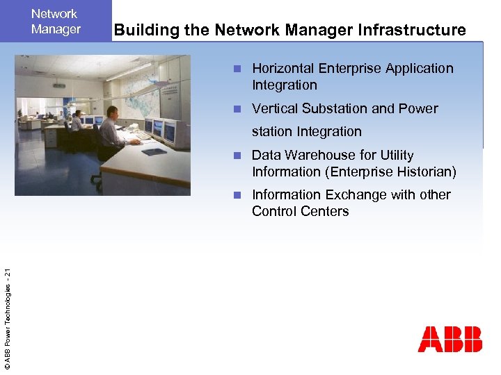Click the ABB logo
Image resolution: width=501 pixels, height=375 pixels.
point(450,339)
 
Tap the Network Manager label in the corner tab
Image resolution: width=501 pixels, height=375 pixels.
point(56,22)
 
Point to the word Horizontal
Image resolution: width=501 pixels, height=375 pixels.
point(283,68)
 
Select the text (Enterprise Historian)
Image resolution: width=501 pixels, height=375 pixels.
point(386,172)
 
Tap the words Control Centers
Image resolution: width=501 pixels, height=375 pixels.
point(300,211)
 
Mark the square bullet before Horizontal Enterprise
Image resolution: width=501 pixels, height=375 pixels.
point(237,69)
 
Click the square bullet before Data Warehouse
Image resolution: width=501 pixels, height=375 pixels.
point(237,156)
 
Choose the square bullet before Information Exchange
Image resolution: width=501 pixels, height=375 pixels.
point(237,195)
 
